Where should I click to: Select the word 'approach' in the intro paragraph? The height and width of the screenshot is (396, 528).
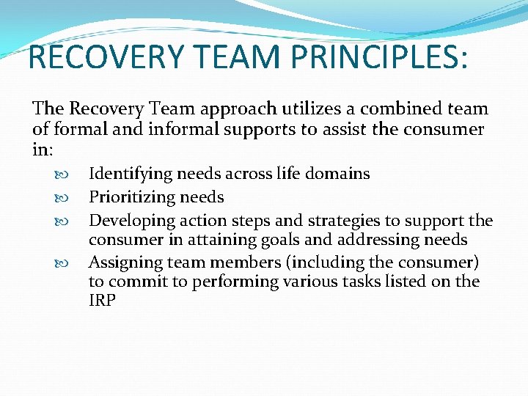coord(228,109)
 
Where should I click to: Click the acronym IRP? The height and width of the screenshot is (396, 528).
coord(102,301)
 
